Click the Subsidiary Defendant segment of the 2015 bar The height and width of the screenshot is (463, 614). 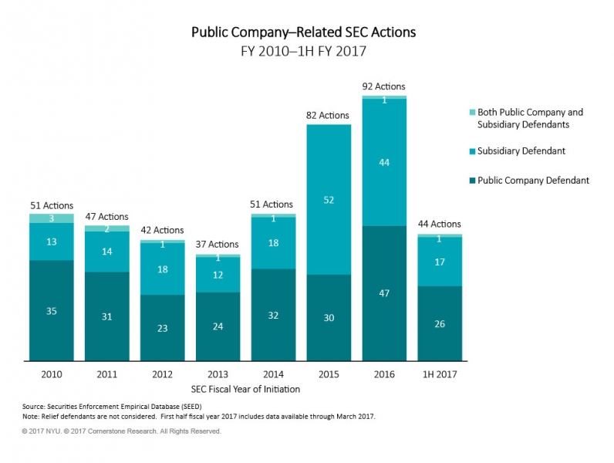tap(329, 199)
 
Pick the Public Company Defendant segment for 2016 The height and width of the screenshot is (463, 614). tap(385, 293)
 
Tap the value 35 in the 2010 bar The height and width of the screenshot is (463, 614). tap(52, 311)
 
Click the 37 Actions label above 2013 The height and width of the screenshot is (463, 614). tap(218, 245)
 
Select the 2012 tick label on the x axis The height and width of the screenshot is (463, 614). tap(163, 374)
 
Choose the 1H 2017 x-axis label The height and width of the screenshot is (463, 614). tap(440, 374)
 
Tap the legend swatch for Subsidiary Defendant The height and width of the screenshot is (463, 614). tap(470, 151)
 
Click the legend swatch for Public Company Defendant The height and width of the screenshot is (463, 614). tap(470, 181)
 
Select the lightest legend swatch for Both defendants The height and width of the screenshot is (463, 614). tap(470, 113)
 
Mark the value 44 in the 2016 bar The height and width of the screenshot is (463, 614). tap(385, 162)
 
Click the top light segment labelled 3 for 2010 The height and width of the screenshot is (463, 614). tap(52, 218)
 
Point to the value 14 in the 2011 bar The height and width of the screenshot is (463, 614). tap(107, 252)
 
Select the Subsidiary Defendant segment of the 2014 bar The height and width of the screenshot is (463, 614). tap(274, 243)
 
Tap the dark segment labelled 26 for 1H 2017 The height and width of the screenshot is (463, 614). tap(440, 323)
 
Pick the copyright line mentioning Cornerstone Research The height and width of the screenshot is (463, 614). tap(122, 431)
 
